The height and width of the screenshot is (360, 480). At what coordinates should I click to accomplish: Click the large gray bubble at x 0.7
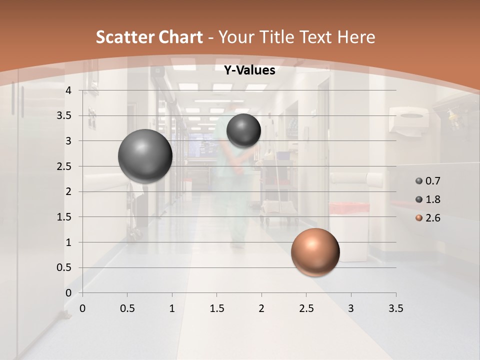click(x=145, y=156)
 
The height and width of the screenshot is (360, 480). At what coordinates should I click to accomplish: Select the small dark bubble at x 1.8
click(x=243, y=130)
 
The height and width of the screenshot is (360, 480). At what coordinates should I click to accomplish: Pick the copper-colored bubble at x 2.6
click(x=315, y=252)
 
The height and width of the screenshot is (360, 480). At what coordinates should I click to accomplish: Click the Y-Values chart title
click(x=249, y=70)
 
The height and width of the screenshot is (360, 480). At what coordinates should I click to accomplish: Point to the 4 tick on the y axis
click(x=69, y=90)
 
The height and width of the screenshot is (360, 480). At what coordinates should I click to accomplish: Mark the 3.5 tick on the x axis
click(x=395, y=308)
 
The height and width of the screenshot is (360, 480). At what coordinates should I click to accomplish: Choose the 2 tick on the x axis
click(x=261, y=308)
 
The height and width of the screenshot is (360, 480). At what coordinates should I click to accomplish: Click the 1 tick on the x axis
click(x=172, y=308)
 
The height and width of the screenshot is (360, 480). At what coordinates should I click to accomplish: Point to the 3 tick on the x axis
click(x=351, y=308)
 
